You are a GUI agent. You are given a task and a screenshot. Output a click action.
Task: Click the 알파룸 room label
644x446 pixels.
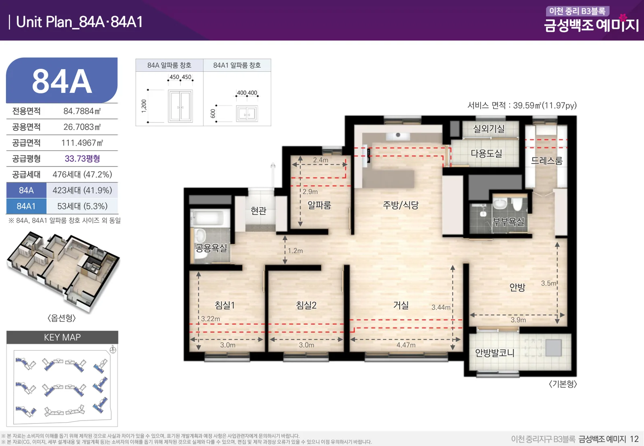319,205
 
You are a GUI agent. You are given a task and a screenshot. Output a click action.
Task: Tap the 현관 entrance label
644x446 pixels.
258,211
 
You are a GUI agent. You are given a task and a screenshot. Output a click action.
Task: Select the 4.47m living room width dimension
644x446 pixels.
406,345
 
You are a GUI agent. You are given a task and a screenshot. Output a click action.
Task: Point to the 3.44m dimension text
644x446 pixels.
441,307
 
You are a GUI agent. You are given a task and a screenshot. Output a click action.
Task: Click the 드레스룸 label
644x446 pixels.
546,160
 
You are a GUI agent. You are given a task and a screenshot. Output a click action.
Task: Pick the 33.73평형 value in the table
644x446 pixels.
82,159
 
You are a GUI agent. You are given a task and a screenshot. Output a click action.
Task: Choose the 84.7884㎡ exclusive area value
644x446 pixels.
82,111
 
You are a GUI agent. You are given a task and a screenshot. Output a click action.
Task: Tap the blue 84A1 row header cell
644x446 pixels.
26,206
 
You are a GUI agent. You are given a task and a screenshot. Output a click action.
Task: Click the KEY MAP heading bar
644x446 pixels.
62,337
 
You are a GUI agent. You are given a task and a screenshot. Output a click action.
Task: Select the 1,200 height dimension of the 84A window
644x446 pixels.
144,106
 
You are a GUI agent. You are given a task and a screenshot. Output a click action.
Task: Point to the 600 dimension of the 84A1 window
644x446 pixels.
213,113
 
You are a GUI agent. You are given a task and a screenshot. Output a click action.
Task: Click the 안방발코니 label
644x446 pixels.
495,353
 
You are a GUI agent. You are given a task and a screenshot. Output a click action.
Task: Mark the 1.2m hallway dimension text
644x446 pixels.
295,251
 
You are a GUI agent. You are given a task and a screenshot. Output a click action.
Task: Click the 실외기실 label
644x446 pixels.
489,129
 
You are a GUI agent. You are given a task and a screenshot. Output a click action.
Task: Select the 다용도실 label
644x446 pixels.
486,154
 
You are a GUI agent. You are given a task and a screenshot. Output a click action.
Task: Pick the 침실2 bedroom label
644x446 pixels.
306,305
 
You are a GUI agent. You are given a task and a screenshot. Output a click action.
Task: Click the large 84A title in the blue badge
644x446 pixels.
62,81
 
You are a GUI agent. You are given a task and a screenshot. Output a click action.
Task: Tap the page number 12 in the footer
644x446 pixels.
634,439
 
